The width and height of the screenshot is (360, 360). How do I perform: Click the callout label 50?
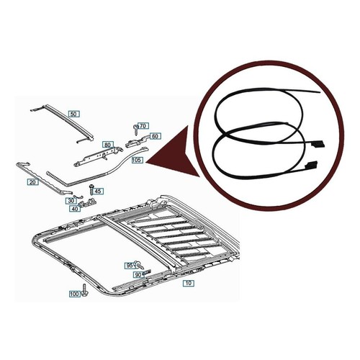pos(74,114)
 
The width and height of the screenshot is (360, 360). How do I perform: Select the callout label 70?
pos(143,126)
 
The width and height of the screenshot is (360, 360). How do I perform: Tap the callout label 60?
pos(156,136)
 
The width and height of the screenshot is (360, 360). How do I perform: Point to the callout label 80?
pos(108,145)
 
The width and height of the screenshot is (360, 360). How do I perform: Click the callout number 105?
pos(138,160)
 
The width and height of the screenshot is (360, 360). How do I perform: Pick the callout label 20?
pos(32,182)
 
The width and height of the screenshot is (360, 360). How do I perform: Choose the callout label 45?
pos(98,192)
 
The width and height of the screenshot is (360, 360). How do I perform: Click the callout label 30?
pos(71,200)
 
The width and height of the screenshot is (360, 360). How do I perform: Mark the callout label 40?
pos(75,209)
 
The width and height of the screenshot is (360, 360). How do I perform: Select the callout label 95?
pos(130,266)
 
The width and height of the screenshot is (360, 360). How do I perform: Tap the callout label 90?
pos(138,275)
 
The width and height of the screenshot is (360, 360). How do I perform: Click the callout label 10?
pos(189,283)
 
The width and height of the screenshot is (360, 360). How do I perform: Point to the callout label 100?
pos(75,294)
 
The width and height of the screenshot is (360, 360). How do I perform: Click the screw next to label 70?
pos(136,130)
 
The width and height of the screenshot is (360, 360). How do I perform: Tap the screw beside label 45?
pos(91,189)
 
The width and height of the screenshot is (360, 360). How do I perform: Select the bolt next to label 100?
pos(84,290)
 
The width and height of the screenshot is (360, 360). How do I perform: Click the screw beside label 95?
pos(138,265)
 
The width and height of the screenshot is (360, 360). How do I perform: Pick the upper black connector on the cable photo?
pos(318,144)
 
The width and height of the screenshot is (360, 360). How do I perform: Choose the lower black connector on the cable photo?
pos(311,165)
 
